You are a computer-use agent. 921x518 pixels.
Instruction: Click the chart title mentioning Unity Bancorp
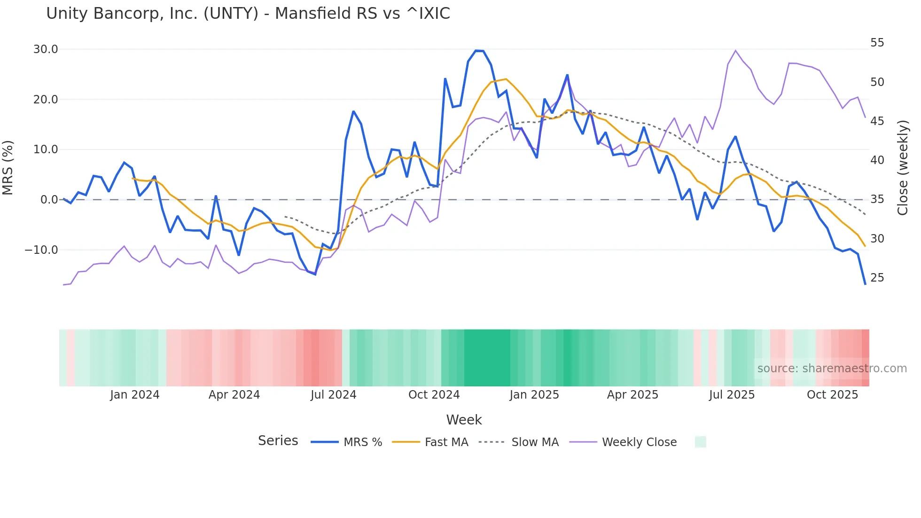tap(248, 14)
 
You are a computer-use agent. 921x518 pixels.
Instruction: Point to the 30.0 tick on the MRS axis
tap(46, 49)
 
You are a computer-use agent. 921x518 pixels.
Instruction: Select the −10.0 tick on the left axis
tap(41, 250)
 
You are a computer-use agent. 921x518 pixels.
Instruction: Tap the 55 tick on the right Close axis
tap(877, 43)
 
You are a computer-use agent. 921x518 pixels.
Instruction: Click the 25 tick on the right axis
tap(877, 278)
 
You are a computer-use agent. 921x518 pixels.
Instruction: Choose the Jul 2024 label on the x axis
tap(333, 395)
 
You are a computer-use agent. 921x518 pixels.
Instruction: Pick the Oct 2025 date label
tap(832, 395)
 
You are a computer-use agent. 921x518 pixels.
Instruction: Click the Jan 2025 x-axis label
tap(534, 395)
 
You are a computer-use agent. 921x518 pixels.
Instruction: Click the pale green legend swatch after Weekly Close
tap(700, 442)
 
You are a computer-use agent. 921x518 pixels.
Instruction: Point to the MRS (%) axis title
tap(8, 167)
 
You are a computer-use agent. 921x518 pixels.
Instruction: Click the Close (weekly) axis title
tap(903, 167)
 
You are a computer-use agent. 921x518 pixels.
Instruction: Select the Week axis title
tap(464, 420)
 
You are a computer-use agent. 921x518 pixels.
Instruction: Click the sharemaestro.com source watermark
tap(832, 369)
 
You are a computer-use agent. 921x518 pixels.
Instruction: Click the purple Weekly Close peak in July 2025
tap(735, 50)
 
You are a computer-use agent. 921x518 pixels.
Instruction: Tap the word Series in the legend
tap(278, 441)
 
